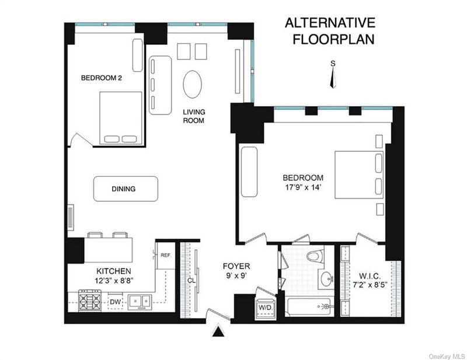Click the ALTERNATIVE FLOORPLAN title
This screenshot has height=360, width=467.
point(330,31)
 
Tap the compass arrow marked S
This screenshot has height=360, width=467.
point(333,78)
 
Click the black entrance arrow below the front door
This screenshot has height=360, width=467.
point(218,331)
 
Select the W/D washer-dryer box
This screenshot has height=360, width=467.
point(266,309)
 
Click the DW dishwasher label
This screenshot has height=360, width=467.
point(115,302)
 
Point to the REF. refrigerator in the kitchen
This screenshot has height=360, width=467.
point(165,255)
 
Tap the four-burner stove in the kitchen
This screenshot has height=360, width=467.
point(90,300)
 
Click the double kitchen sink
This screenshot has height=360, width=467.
point(140,302)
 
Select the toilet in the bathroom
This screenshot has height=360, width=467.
point(316,256)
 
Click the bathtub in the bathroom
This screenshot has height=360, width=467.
point(309,307)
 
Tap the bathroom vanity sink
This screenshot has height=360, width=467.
point(327,279)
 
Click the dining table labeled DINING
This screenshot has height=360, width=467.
point(126,189)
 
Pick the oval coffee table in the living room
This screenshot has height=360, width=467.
point(192,84)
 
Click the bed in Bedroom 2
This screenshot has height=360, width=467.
point(121,118)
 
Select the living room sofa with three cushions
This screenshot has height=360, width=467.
point(160,85)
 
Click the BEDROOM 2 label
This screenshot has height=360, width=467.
point(101,78)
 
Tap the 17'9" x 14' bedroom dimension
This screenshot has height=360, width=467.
point(303,188)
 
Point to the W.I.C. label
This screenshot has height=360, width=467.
point(370,275)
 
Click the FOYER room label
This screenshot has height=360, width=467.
point(236,266)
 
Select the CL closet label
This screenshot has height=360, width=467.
point(191,281)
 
